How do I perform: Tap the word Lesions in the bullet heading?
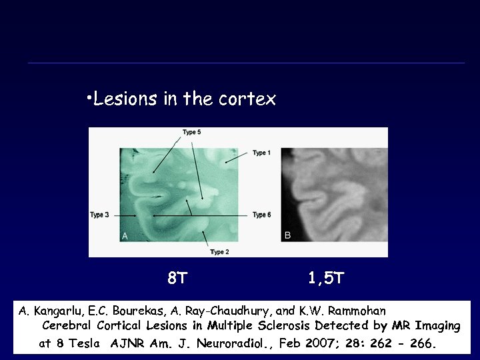pos(120,100)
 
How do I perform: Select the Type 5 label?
pos(192,132)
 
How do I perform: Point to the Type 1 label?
pos(261,153)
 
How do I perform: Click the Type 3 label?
pos(99,215)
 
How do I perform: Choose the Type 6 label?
pos(261,215)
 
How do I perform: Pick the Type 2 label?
pos(219,252)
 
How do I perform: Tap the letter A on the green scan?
pos(125,235)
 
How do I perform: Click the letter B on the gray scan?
pos(287,235)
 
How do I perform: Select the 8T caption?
pos(177,278)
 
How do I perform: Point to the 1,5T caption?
pos(327,278)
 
